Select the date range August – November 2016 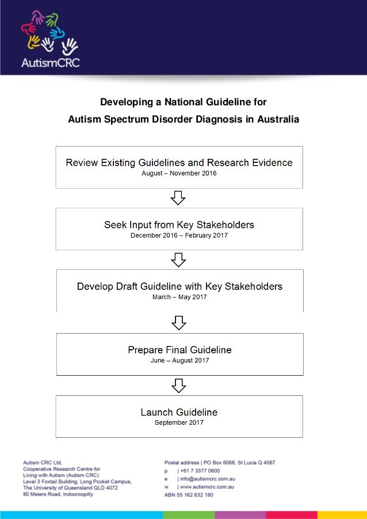pyautogui.click(x=179, y=173)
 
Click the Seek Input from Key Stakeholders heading pyautogui.click(x=179, y=224)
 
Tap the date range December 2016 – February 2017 pyautogui.click(x=179, y=235)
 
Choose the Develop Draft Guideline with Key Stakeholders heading pyautogui.click(x=179, y=286)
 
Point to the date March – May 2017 pyautogui.click(x=179, y=297)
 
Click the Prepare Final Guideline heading pyautogui.click(x=179, y=349)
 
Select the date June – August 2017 pyautogui.click(x=179, y=360)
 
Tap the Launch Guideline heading pyautogui.click(x=179, y=412)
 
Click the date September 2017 pyautogui.click(x=179, y=423)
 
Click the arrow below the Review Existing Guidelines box pyautogui.click(x=179, y=198)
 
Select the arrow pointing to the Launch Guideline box pyautogui.click(x=179, y=385)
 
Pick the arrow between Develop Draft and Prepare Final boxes pyautogui.click(x=179, y=322)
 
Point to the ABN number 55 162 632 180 pyautogui.click(x=197, y=495)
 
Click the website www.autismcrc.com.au pyautogui.click(x=208, y=487)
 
